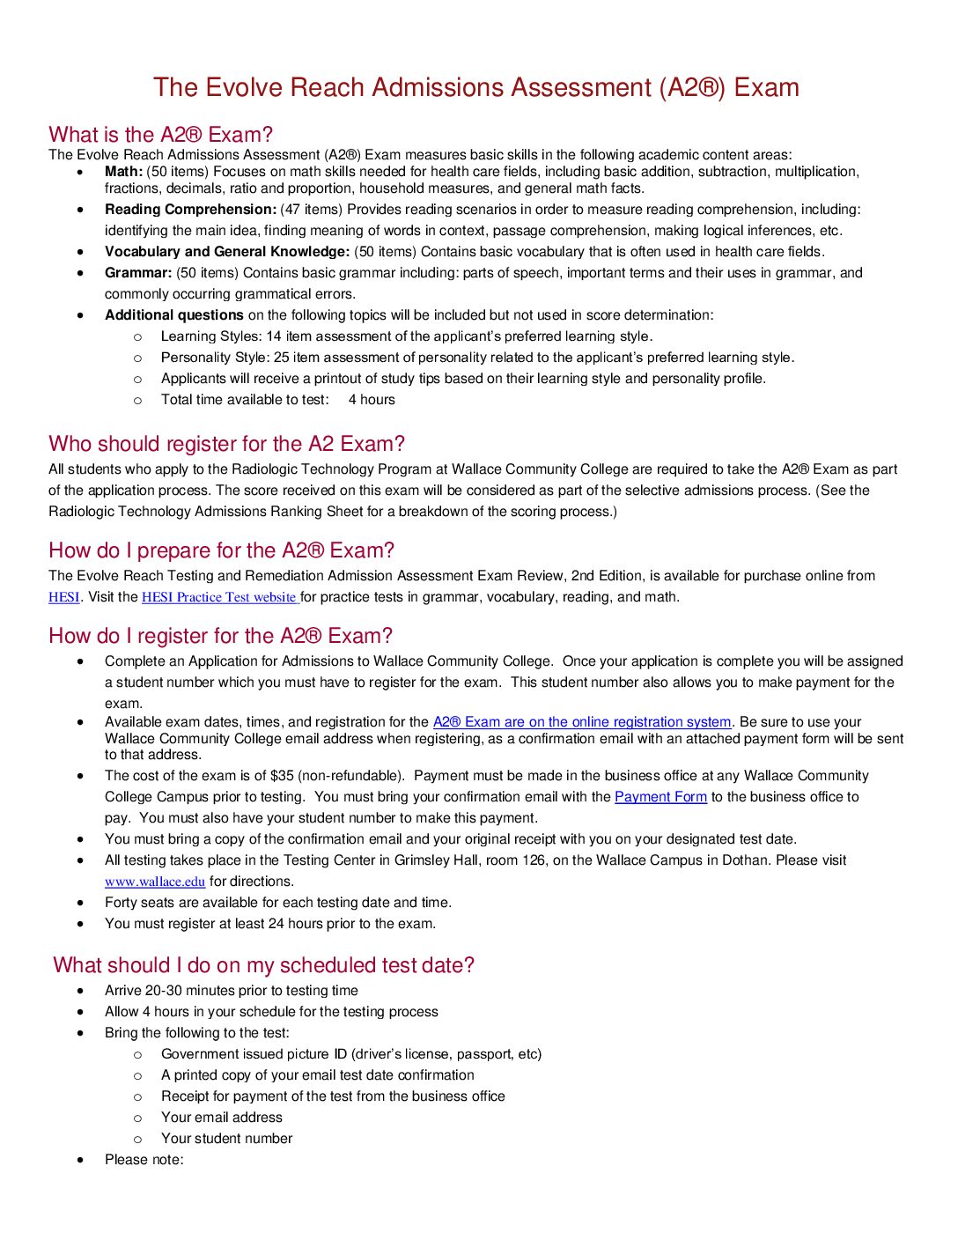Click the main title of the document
coord(475,87)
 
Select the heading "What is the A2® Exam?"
coord(161,135)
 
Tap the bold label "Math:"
coord(123,172)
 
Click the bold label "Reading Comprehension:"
coord(190,210)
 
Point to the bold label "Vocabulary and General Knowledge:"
coord(227,252)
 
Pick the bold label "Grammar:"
coord(138,273)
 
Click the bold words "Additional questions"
coord(174,315)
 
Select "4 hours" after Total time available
coord(372,400)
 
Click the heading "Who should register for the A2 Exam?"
coord(227,444)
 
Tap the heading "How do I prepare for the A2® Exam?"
coord(222,550)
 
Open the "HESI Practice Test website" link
coord(220,597)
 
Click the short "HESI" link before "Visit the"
coord(63,597)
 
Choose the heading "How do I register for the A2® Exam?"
coord(221,636)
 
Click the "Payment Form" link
coord(660,797)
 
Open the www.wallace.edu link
coord(155,882)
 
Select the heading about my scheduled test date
coord(264,965)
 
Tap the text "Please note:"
coord(144,1160)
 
